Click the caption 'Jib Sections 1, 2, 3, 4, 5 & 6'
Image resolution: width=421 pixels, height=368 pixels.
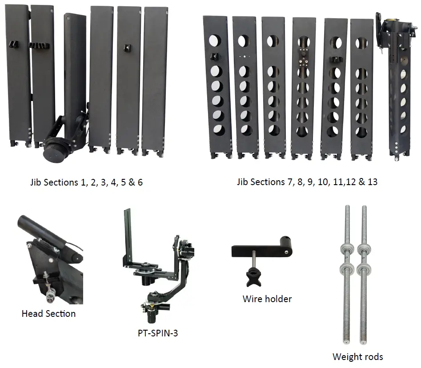click(86, 182)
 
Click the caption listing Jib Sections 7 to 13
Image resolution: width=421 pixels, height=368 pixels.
click(307, 182)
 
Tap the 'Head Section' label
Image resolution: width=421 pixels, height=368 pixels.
click(48, 314)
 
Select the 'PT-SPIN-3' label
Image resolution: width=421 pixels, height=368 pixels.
click(157, 333)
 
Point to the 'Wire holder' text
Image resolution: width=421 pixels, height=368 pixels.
click(267, 299)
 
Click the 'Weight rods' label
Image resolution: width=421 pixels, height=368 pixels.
click(357, 356)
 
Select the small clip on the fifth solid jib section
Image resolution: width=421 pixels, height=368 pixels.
click(128, 48)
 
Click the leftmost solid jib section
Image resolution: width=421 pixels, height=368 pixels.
click(18, 76)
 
